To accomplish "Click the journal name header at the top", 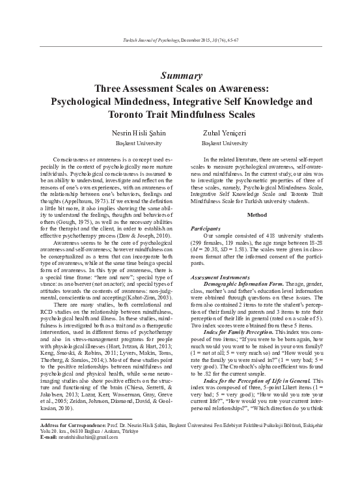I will tap(180, 40).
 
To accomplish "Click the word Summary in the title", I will tap(180, 76).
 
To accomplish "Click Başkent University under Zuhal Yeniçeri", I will tap(225, 143).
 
